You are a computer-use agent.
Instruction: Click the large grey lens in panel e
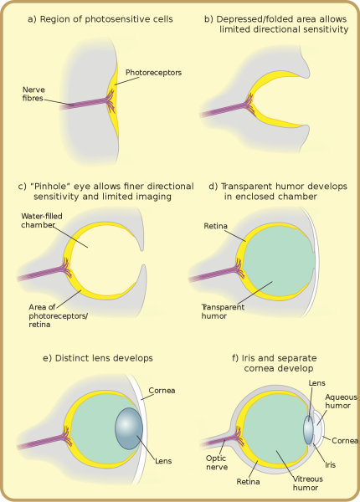(x=130, y=428)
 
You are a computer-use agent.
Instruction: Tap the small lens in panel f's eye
(x=308, y=430)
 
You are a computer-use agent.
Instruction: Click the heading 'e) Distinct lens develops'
(x=98, y=358)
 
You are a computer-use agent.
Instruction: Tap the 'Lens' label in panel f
(x=316, y=384)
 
